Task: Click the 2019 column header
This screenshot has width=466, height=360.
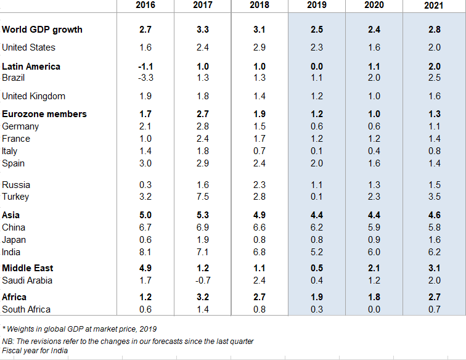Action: point(316,5)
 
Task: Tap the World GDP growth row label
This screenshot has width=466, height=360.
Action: point(42,30)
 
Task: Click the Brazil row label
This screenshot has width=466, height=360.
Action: point(14,78)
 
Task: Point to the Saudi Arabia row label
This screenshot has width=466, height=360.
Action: point(27,280)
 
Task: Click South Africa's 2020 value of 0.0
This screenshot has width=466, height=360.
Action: point(374,309)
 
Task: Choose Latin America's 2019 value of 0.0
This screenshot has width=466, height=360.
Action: point(316,67)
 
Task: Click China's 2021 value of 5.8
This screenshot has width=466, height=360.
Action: point(434,227)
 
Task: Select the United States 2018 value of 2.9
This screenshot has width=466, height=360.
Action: point(259,47)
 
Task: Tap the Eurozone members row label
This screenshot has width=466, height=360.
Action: point(44,114)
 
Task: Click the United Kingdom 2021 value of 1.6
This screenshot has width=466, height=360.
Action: point(434,96)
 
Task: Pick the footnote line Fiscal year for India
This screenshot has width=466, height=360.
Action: point(35,351)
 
